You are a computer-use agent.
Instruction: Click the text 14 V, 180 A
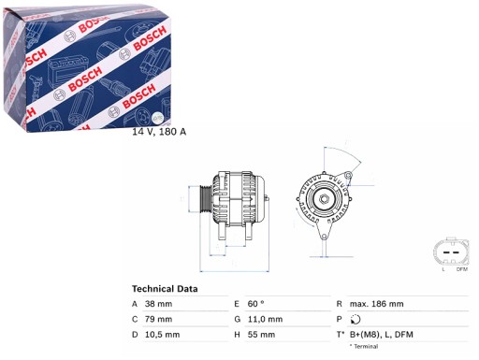coord(159,131)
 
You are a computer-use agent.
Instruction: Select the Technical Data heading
coord(164,289)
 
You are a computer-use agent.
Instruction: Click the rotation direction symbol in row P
coord(355,319)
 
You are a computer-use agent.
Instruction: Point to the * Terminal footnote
coord(366,347)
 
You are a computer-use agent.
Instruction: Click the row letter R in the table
coord(338,304)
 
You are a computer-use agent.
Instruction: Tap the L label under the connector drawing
coord(443,271)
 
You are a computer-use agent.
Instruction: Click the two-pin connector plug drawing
coord(450,253)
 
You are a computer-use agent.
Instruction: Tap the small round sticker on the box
coord(156,117)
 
